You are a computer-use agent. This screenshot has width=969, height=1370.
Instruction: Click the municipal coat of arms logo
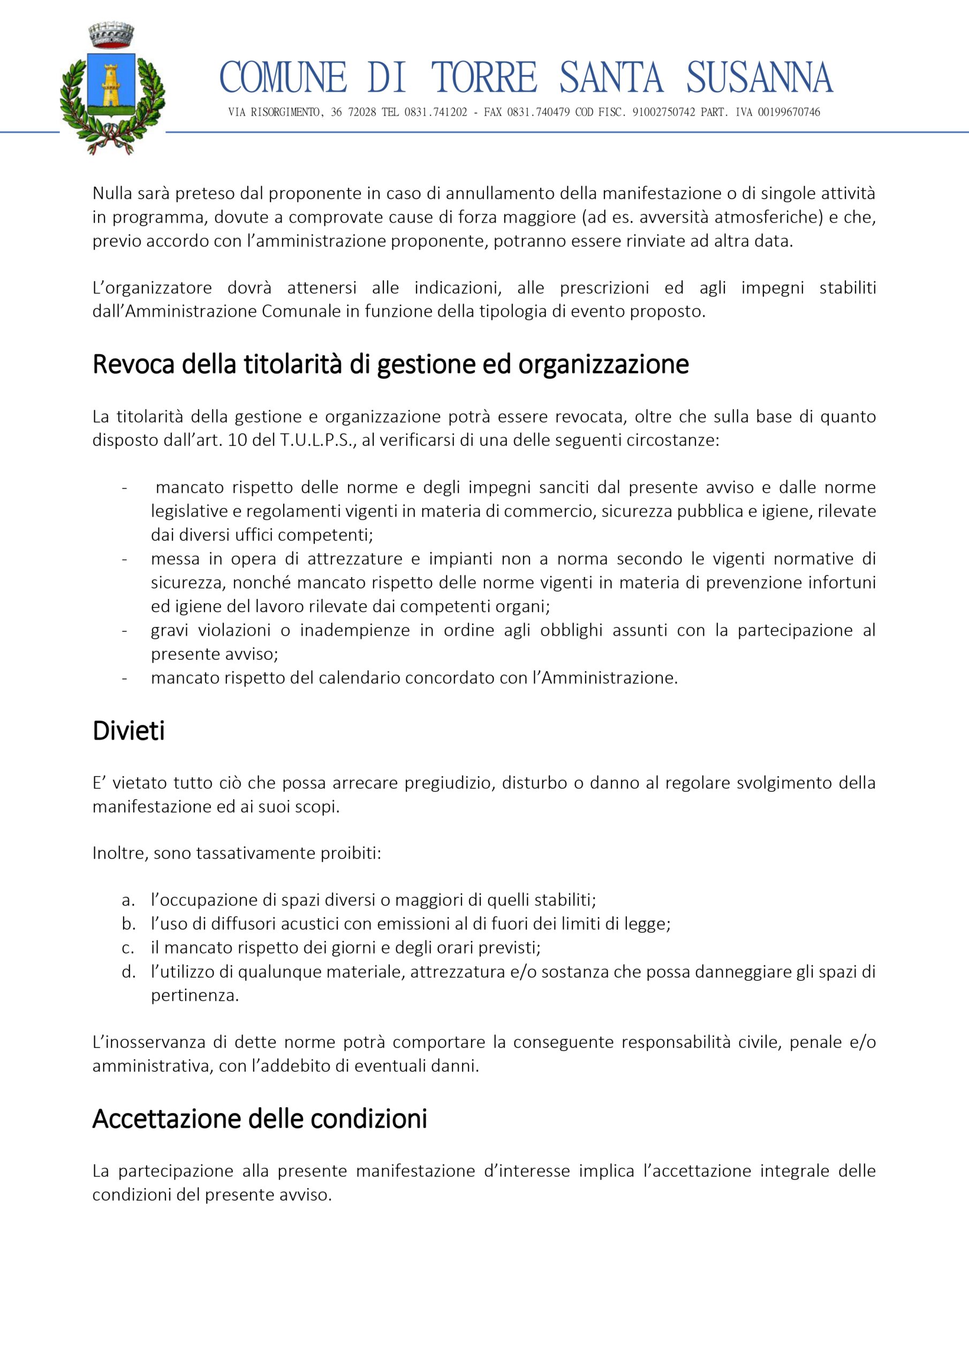[x=112, y=88]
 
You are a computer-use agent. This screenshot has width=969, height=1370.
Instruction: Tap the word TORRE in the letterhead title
[x=483, y=78]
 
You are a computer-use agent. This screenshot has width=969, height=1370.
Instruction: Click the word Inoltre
[x=119, y=853]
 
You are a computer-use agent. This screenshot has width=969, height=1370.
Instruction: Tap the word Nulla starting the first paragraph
[x=112, y=193]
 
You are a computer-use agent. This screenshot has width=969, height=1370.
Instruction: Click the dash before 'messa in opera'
[x=124, y=559]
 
